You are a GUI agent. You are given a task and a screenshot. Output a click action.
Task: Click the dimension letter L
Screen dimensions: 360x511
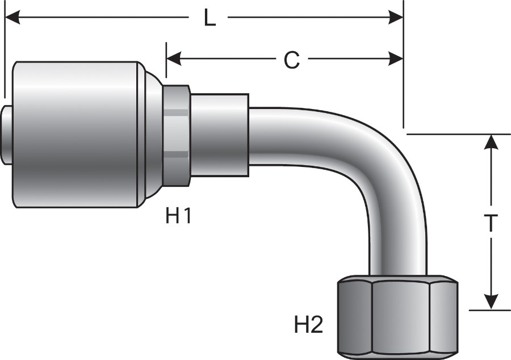point(210,18)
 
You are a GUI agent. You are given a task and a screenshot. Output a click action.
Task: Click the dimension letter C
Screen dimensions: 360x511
point(291,60)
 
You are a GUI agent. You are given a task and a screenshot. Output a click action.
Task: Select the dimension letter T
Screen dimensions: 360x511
point(491,224)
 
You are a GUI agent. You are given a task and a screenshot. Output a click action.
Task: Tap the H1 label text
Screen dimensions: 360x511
point(178,216)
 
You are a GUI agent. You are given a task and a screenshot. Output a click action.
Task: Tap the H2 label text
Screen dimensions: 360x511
point(308,325)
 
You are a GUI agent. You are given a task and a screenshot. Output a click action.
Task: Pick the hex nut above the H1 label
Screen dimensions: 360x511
point(177,135)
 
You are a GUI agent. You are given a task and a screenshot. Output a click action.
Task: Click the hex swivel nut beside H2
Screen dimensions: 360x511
point(397,315)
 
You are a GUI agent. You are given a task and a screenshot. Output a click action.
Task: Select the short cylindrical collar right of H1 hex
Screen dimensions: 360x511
point(219,135)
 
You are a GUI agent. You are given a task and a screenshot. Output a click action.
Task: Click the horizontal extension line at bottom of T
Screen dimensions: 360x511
point(483,310)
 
